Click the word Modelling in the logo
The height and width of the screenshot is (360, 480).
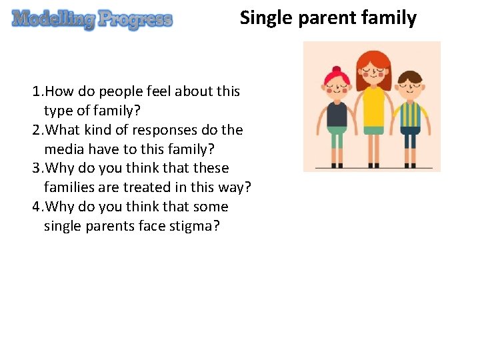coord(53,19)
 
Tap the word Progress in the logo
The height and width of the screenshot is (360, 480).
coord(135,19)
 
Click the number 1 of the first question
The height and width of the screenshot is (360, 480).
coord(35,91)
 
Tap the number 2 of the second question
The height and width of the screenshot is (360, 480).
coord(35,130)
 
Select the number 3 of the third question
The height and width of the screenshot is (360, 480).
coord(35,169)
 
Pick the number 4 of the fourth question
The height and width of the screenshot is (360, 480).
coord(35,207)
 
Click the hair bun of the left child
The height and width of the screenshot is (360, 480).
coord(336,70)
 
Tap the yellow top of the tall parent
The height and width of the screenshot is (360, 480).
coord(373,107)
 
